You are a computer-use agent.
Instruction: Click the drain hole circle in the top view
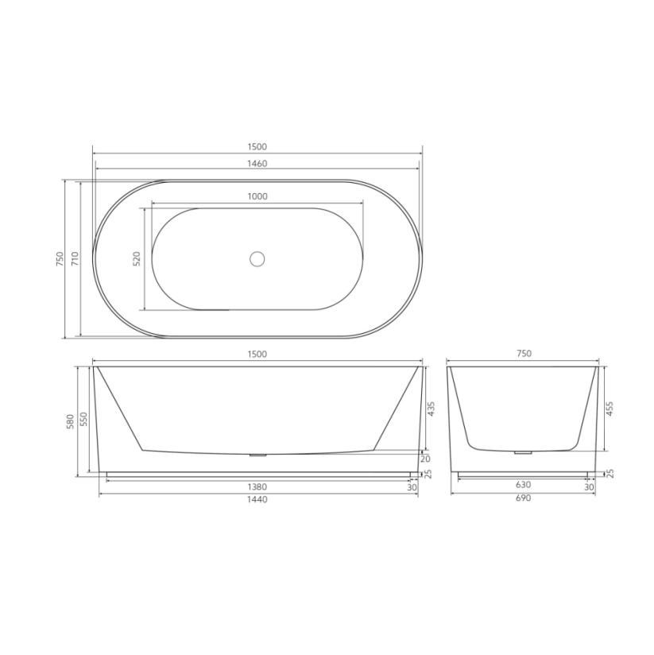click(257, 258)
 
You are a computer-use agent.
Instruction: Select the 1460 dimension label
click(257, 164)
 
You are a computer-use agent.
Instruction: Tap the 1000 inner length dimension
click(257, 196)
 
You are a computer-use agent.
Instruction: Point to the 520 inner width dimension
click(136, 258)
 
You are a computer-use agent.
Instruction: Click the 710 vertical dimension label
click(75, 258)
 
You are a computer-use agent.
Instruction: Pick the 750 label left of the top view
click(59, 258)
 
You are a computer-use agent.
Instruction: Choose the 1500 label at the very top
click(257, 147)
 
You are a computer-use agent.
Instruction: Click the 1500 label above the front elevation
click(257, 355)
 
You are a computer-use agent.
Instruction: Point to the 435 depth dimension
click(431, 409)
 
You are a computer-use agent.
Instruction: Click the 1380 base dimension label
click(257, 486)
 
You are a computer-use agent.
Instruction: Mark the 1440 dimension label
click(257, 500)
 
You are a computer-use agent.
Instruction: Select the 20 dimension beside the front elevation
click(426, 459)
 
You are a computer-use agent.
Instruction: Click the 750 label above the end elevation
click(523, 355)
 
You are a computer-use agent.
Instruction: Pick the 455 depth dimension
click(610, 409)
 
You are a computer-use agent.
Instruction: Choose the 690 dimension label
click(523, 499)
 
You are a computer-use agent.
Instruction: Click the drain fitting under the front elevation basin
click(257, 455)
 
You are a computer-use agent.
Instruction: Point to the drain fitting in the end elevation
click(522, 452)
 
